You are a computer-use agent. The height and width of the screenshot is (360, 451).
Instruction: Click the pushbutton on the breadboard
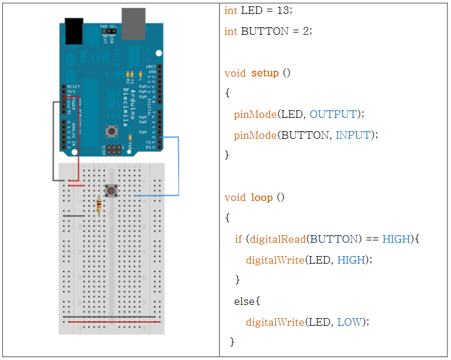click(110, 190)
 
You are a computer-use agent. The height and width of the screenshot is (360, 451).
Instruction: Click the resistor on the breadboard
click(99, 205)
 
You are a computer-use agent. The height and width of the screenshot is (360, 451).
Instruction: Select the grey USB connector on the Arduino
click(133, 23)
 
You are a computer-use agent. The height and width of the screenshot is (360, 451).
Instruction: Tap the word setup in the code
click(265, 73)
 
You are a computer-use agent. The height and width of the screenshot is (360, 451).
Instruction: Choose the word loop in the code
click(262, 197)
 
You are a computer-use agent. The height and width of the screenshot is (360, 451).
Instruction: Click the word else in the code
click(245, 301)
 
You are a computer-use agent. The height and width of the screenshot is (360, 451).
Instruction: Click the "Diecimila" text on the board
click(133, 105)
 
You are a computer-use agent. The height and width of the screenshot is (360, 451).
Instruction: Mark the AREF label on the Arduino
click(151, 67)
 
